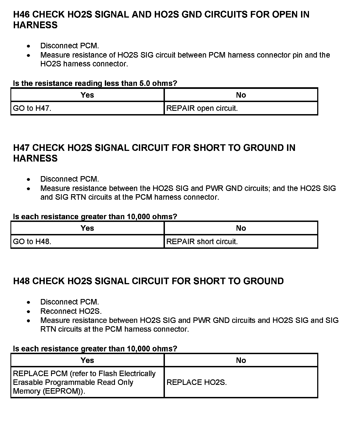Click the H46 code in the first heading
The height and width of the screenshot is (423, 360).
[21, 15]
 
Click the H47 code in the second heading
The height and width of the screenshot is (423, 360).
[21, 148]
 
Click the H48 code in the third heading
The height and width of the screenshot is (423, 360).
[21, 281]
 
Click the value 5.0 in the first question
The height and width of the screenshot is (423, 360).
[145, 83]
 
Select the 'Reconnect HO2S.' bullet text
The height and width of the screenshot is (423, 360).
[71, 311]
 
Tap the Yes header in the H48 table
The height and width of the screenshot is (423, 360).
[87, 360]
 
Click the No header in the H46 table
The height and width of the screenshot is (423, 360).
[241, 95]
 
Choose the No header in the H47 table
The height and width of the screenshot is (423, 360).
[241, 228]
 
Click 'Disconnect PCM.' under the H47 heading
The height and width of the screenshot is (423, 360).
[69, 179]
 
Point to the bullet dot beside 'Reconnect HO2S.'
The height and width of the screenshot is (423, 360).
[29, 311]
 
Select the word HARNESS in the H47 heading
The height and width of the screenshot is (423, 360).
[35, 159]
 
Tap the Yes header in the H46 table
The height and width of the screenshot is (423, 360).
[87, 95]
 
